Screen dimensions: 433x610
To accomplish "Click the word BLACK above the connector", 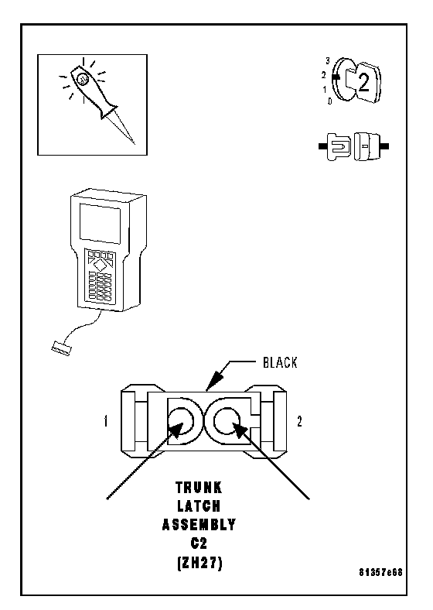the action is (x=280, y=362).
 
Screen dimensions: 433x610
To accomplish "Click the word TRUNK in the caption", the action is (x=199, y=488).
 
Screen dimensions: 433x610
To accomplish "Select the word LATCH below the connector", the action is (x=199, y=506).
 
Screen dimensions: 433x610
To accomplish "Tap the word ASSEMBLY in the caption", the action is (x=199, y=525).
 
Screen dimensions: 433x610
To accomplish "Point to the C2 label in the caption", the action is (x=199, y=543).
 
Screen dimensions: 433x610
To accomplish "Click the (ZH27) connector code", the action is (x=199, y=563).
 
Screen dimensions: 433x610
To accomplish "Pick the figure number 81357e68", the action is (x=380, y=572).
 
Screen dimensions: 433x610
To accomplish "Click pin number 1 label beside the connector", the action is (x=106, y=421).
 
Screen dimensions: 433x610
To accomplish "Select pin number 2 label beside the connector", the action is (x=299, y=421).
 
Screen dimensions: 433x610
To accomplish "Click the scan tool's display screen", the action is (x=100, y=223).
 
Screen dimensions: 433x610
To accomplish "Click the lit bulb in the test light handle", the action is (x=83, y=79).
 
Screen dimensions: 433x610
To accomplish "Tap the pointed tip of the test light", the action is (x=134, y=143).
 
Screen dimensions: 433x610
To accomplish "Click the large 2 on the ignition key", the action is (x=363, y=83).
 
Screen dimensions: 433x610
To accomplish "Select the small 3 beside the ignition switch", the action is (x=328, y=61).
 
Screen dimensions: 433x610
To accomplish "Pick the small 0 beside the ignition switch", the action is (x=329, y=101).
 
